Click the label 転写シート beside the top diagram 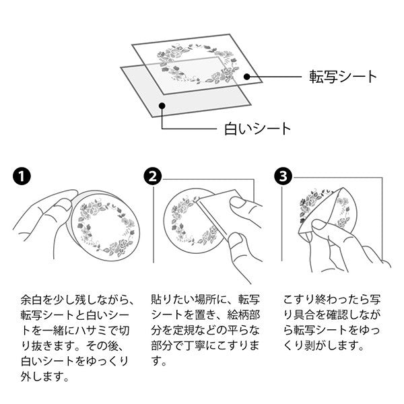click(x=343, y=77)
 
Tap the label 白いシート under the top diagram click(x=257, y=129)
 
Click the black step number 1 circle click(x=22, y=176)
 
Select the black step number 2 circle click(x=153, y=176)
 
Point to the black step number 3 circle click(x=283, y=176)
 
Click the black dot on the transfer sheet click(x=247, y=77)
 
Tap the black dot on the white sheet click(x=162, y=106)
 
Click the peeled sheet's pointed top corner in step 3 click(x=343, y=188)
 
